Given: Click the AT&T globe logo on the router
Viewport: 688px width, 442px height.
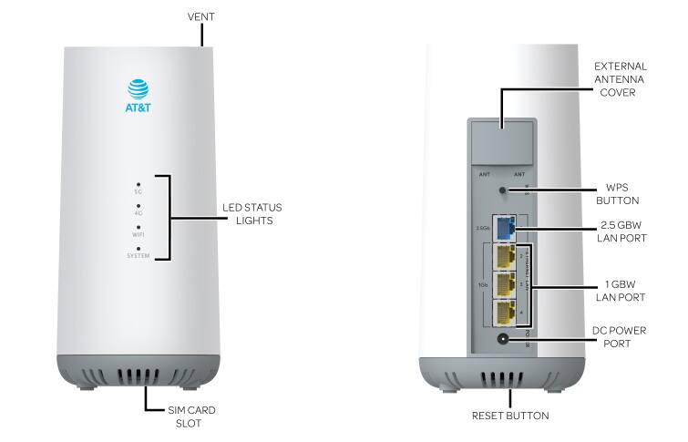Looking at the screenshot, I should tap(137, 88).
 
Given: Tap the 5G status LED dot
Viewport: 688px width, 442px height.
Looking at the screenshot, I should tap(138, 185).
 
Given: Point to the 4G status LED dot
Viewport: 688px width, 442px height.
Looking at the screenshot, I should tap(138, 206).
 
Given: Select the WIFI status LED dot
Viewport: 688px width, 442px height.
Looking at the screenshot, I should tap(138, 227).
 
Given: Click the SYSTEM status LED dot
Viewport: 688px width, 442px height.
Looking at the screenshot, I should tap(138, 248).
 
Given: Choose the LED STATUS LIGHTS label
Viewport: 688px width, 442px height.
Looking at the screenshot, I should tap(247, 214).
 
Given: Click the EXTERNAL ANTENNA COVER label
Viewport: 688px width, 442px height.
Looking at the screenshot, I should tap(620, 79).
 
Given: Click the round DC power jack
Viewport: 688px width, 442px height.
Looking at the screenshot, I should tap(503, 339).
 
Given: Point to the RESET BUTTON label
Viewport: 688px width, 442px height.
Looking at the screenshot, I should tap(510, 416).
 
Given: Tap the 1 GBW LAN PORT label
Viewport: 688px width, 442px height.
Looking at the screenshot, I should tap(621, 290).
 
